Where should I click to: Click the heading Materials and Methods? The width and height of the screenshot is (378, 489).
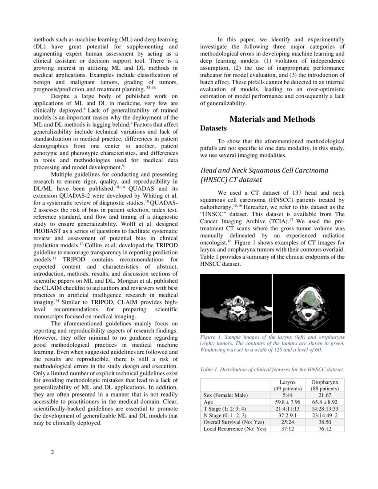(272, 119)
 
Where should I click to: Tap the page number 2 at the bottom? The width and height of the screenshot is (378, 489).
(52, 453)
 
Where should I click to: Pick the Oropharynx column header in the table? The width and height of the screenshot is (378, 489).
(324, 382)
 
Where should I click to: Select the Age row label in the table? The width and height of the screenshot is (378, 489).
(209, 402)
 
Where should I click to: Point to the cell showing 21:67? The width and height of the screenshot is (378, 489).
(324, 395)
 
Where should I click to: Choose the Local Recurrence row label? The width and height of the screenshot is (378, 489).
(235, 429)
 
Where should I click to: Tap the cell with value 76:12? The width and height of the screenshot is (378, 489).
(324, 429)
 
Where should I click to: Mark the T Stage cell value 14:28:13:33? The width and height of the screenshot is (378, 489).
(324, 409)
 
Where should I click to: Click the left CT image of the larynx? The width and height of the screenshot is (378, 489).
(236, 303)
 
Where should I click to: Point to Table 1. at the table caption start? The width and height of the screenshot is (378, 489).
(211, 369)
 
